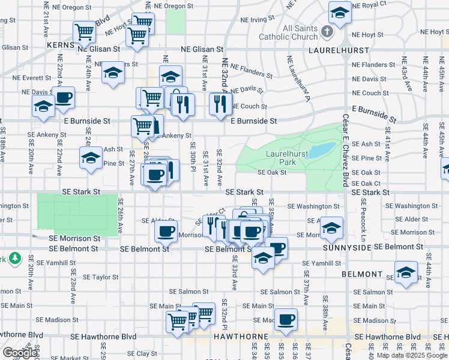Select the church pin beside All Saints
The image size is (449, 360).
pos(327,31)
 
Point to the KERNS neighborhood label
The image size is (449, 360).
pos(62,45)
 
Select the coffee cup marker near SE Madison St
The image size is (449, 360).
pos(286,318)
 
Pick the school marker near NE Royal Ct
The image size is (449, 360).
pos(340,12)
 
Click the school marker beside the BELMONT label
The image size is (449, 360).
pos(406,272)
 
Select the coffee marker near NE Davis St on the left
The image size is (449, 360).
pos(64,97)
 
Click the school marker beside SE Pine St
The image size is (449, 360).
pos(91,158)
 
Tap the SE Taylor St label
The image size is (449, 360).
pos(101,277)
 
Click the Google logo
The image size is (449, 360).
pos(20,352)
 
